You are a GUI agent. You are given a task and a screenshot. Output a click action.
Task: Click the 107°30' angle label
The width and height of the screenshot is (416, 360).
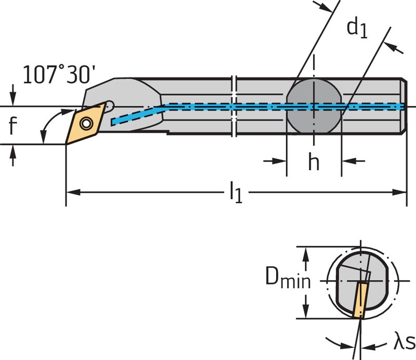pyautogui.click(x=59, y=75)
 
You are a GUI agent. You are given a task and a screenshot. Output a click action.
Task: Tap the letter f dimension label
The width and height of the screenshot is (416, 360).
pyautogui.click(x=12, y=125)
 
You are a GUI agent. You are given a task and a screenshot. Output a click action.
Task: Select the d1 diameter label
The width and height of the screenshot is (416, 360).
pyautogui.click(x=357, y=29)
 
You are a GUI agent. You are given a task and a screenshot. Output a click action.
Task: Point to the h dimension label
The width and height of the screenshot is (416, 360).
pyautogui.click(x=314, y=161)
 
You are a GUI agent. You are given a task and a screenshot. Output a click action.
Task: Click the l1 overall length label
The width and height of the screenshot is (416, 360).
pyautogui.click(x=236, y=192)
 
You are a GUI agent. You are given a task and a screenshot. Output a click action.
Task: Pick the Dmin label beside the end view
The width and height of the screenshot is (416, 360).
pyautogui.click(x=288, y=278)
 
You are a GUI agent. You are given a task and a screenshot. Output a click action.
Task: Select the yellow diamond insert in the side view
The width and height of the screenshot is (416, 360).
pyautogui.click(x=85, y=123)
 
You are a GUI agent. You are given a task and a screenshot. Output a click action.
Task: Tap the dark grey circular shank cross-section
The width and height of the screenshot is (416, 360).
pyautogui.click(x=314, y=106)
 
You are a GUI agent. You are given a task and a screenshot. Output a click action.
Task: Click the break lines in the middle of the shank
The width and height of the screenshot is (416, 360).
pyautogui.click(x=234, y=106)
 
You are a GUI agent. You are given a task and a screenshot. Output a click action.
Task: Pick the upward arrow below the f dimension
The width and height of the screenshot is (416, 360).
pyautogui.click(x=13, y=156)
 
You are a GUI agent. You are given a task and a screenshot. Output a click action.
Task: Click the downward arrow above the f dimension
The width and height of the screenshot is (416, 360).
pyautogui.click(x=13, y=95)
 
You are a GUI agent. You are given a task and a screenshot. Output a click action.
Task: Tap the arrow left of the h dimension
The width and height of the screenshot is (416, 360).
pyautogui.click(x=275, y=161)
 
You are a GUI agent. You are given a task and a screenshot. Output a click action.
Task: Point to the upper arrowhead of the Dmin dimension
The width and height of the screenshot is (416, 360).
pyautogui.click(x=306, y=254)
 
